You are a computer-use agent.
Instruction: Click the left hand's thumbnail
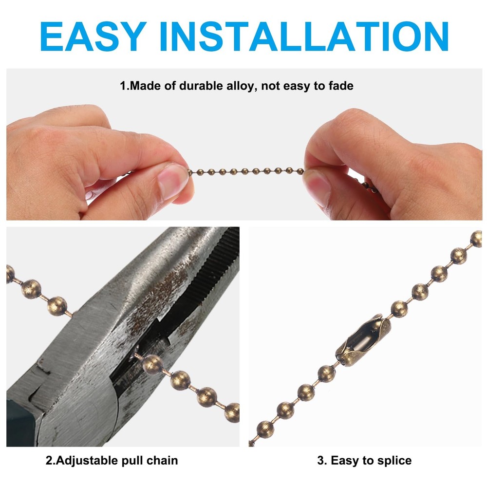[172, 180]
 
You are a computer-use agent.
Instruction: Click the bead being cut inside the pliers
[152, 363]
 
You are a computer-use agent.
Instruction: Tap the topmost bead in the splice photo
[476, 238]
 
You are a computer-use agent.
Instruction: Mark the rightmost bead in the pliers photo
[232, 412]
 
